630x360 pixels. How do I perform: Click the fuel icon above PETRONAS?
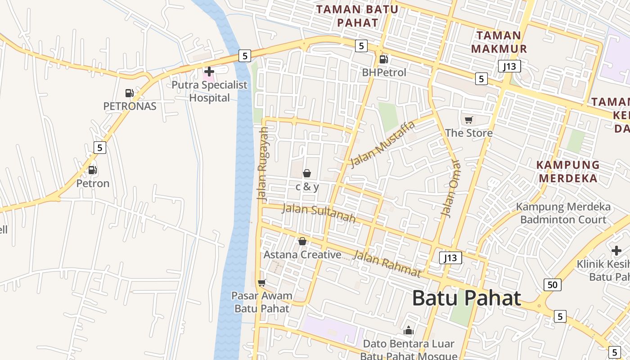pos(130,93)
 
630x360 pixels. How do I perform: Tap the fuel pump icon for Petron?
pos(93,170)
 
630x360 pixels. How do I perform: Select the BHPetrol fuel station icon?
pos(383,59)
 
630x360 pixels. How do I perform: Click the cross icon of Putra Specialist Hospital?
pos(209,72)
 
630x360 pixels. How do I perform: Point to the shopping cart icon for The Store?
pos(469,120)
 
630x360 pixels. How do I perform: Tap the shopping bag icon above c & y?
pos(307,173)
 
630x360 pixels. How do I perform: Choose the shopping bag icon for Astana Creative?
pos(302,242)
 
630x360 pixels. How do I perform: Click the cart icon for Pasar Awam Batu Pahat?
pos(261,283)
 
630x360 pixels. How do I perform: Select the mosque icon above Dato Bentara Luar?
pos(409,331)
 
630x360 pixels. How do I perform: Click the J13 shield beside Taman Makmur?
pos(509,67)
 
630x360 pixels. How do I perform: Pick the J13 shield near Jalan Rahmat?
pos(450,258)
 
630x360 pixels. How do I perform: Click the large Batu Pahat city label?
pos(467,298)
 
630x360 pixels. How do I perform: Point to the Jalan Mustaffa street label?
pos(382,144)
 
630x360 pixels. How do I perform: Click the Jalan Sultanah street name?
pos(319,213)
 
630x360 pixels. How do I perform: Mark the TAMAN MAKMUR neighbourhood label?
pos(499,42)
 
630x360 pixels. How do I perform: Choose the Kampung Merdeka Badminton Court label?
pos(563,213)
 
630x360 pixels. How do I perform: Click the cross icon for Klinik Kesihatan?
pos(616,251)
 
